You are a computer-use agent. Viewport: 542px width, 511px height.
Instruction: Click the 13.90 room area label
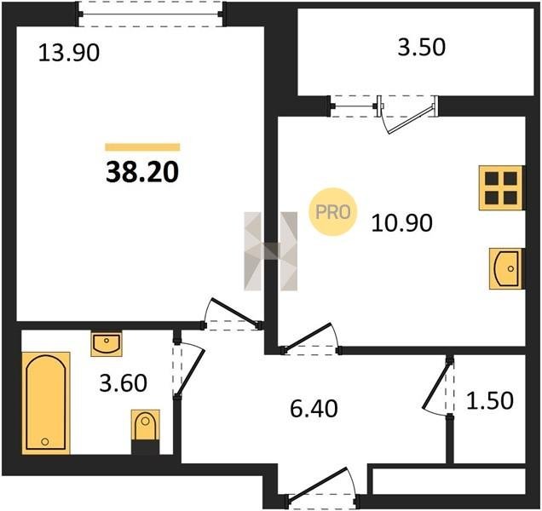[x=69, y=53]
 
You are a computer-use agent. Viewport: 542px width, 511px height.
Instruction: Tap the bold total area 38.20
[x=142, y=172]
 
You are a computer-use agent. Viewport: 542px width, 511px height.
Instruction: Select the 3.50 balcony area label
[x=421, y=48]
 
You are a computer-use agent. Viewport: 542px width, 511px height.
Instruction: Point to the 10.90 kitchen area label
[x=401, y=223]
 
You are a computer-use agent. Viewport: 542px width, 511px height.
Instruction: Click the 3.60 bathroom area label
[x=123, y=383]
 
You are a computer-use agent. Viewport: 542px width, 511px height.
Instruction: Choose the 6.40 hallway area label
[x=314, y=409]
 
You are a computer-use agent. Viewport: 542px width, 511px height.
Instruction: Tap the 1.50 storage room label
[x=490, y=400]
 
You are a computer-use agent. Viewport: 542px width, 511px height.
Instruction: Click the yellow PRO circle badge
[x=332, y=212]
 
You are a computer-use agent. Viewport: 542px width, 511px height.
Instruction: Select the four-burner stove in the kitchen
[x=500, y=187]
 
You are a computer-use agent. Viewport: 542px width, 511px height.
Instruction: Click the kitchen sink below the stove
[x=505, y=268]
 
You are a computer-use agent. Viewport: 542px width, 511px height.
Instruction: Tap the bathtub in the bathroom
[x=46, y=403]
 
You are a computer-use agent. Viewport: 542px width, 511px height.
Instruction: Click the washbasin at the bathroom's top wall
[x=107, y=343]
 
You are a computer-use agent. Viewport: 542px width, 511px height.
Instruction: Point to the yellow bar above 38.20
[x=142, y=147]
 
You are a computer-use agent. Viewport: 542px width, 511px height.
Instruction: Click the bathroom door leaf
[x=191, y=373]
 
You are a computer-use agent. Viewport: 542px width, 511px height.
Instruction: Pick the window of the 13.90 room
[x=151, y=14]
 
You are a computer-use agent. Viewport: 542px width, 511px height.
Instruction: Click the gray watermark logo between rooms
[x=270, y=251]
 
